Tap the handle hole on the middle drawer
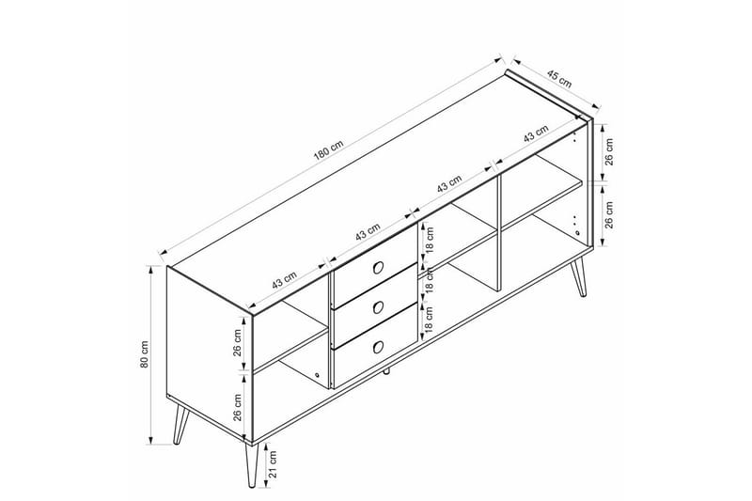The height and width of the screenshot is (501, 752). (376, 305)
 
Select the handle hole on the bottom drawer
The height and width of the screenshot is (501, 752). (376, 345)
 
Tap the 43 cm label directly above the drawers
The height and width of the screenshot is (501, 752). (366, 230)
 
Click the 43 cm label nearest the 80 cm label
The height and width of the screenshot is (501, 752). (284, 279)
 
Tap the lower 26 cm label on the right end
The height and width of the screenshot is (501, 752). (608, 216)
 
